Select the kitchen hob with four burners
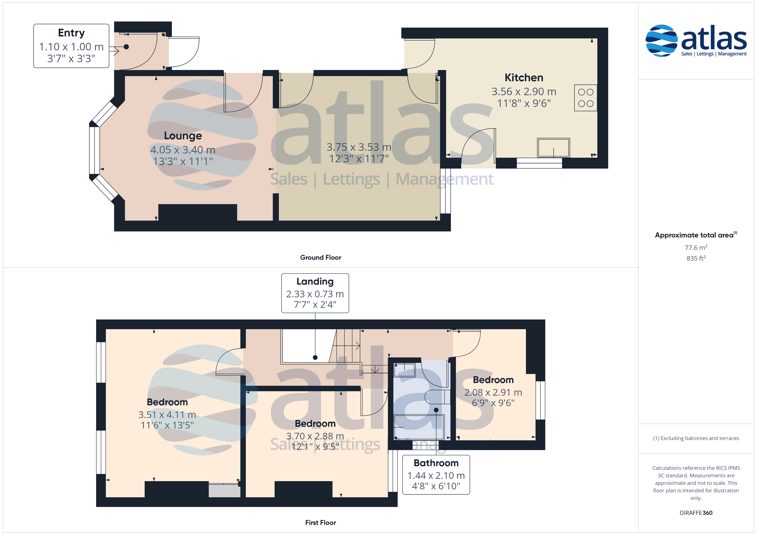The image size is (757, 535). tap(586, 98)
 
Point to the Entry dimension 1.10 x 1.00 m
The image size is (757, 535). tap(71, 47)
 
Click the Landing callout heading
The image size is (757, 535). tap(315, 281)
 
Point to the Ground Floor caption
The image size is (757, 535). tap(321, 257)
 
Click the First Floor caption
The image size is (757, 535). tap(321, 523)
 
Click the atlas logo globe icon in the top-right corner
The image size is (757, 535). tap(661, 41)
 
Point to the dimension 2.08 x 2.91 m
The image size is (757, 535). tap(493, 392)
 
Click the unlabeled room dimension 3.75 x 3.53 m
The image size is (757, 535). tap(359, 147)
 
